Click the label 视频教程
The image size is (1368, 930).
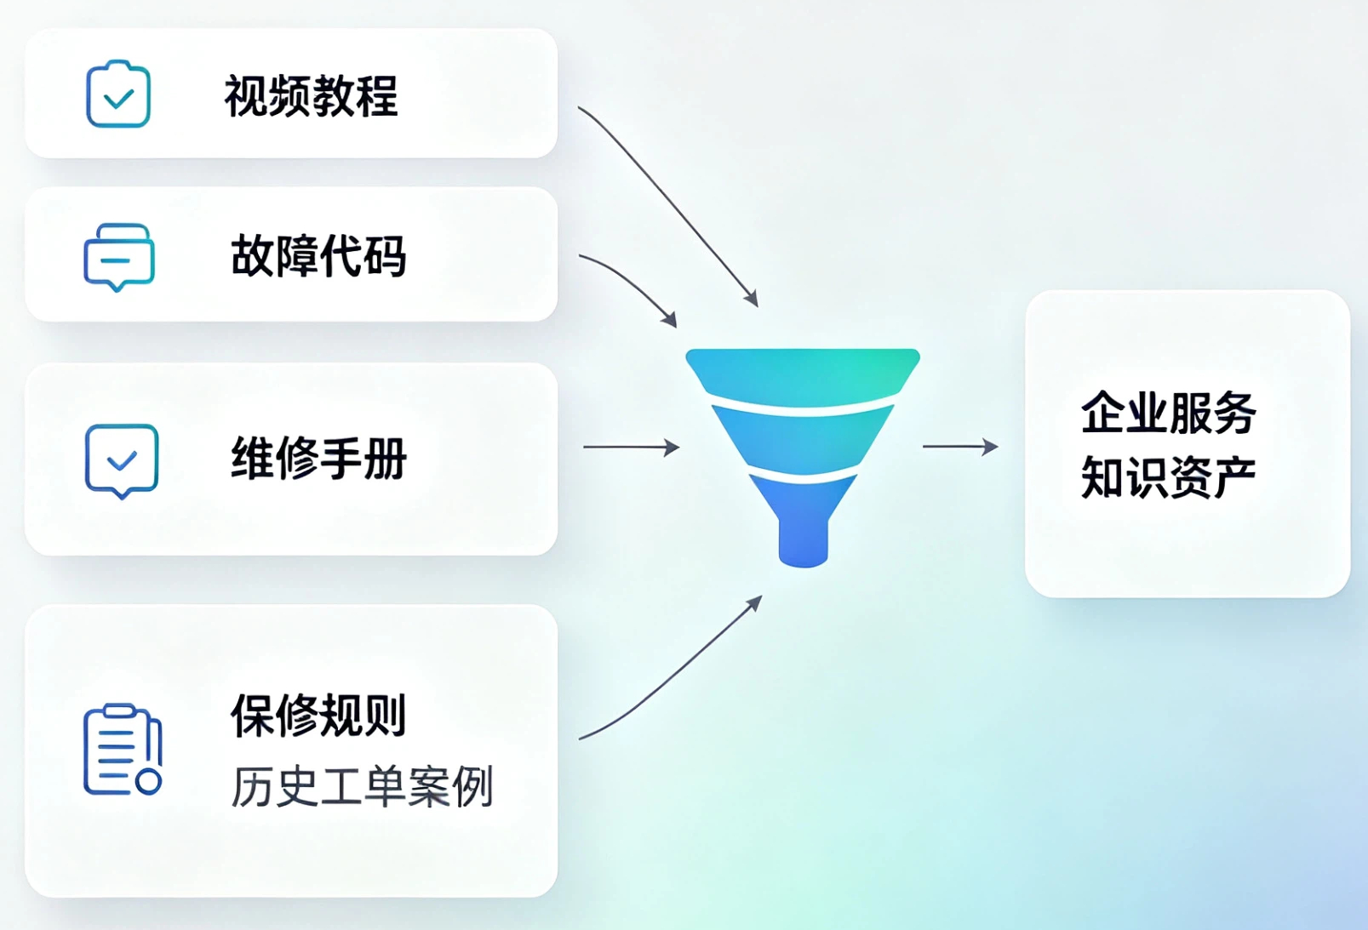click(312, 96)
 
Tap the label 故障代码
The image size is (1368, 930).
click(318, 256)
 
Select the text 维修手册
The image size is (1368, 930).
click(318, 458)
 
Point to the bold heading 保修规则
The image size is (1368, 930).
click(318, 715)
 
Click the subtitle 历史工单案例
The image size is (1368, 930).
click(362, 786)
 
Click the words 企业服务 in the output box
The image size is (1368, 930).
click(1168, 413)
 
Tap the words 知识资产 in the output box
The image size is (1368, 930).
click(1168, 477)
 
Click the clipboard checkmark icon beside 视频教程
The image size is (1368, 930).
click(118, 94)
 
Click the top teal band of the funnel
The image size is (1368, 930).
click(803, 375)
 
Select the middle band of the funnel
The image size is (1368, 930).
click(803, 439)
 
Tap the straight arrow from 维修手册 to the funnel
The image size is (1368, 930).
click(632, 447)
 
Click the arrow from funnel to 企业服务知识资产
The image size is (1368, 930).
click(960, 447)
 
